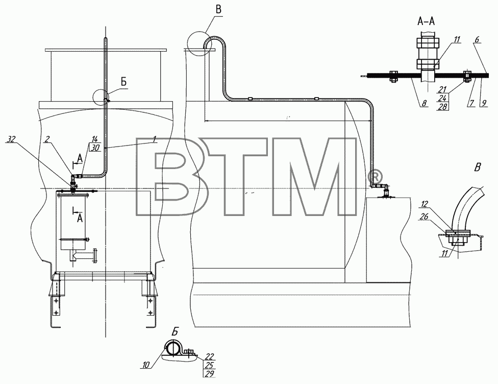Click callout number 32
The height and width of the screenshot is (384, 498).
pos(11,139)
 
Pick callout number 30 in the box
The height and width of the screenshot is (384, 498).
pos(95,148)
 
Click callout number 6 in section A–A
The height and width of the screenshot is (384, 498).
pos(477,39)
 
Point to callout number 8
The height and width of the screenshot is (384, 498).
pos(425,103)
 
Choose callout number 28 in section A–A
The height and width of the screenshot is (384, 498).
pos(442,106)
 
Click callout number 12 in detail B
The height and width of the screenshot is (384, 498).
pos(425,203)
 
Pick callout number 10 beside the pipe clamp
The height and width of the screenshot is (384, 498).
pos(145,365)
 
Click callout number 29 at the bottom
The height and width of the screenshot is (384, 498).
pos(210,373)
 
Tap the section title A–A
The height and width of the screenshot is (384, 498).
pos(426,21)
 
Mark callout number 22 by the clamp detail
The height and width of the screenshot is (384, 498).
pos(210,356)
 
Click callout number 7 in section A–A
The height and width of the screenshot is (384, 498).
pos(471,103)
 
